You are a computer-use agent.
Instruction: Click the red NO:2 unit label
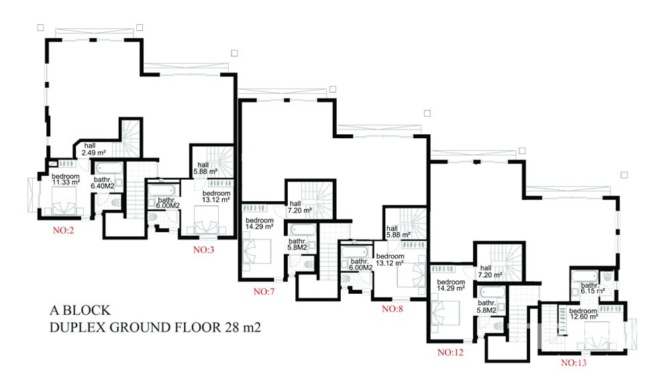click(x=63, y=231)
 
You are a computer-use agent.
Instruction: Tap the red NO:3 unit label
click(x=204, y=250)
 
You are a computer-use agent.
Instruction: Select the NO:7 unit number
click(x=264, y=292)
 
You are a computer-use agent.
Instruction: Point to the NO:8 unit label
click(x=393, y=309)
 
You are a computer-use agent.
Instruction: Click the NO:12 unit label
click(x=450, y=353)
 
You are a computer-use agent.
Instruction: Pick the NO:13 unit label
click(x=574, y=363)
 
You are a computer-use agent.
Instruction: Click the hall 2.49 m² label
click(x=93, y=150)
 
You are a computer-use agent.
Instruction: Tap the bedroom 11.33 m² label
click(x=66, y=179)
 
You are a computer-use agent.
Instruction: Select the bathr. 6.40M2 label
click(x=102, y=182)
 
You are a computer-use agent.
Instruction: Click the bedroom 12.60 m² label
click(x=583, y=314)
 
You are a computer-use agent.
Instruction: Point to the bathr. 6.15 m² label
click(x=592, y=288)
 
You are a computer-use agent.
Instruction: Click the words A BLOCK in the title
click(x=80, y=310)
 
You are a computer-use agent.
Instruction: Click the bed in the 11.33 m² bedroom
click(x=64, y=201)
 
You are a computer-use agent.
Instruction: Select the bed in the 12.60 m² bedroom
click(x=597, y=336)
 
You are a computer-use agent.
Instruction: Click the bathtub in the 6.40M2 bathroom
click(x=109, y=168)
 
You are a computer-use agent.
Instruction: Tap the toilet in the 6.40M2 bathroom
click(x=115, y=202)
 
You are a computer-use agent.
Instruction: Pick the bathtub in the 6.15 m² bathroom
click(x=584, y=276)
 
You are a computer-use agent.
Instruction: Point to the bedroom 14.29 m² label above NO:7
click(x=259, y=223)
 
